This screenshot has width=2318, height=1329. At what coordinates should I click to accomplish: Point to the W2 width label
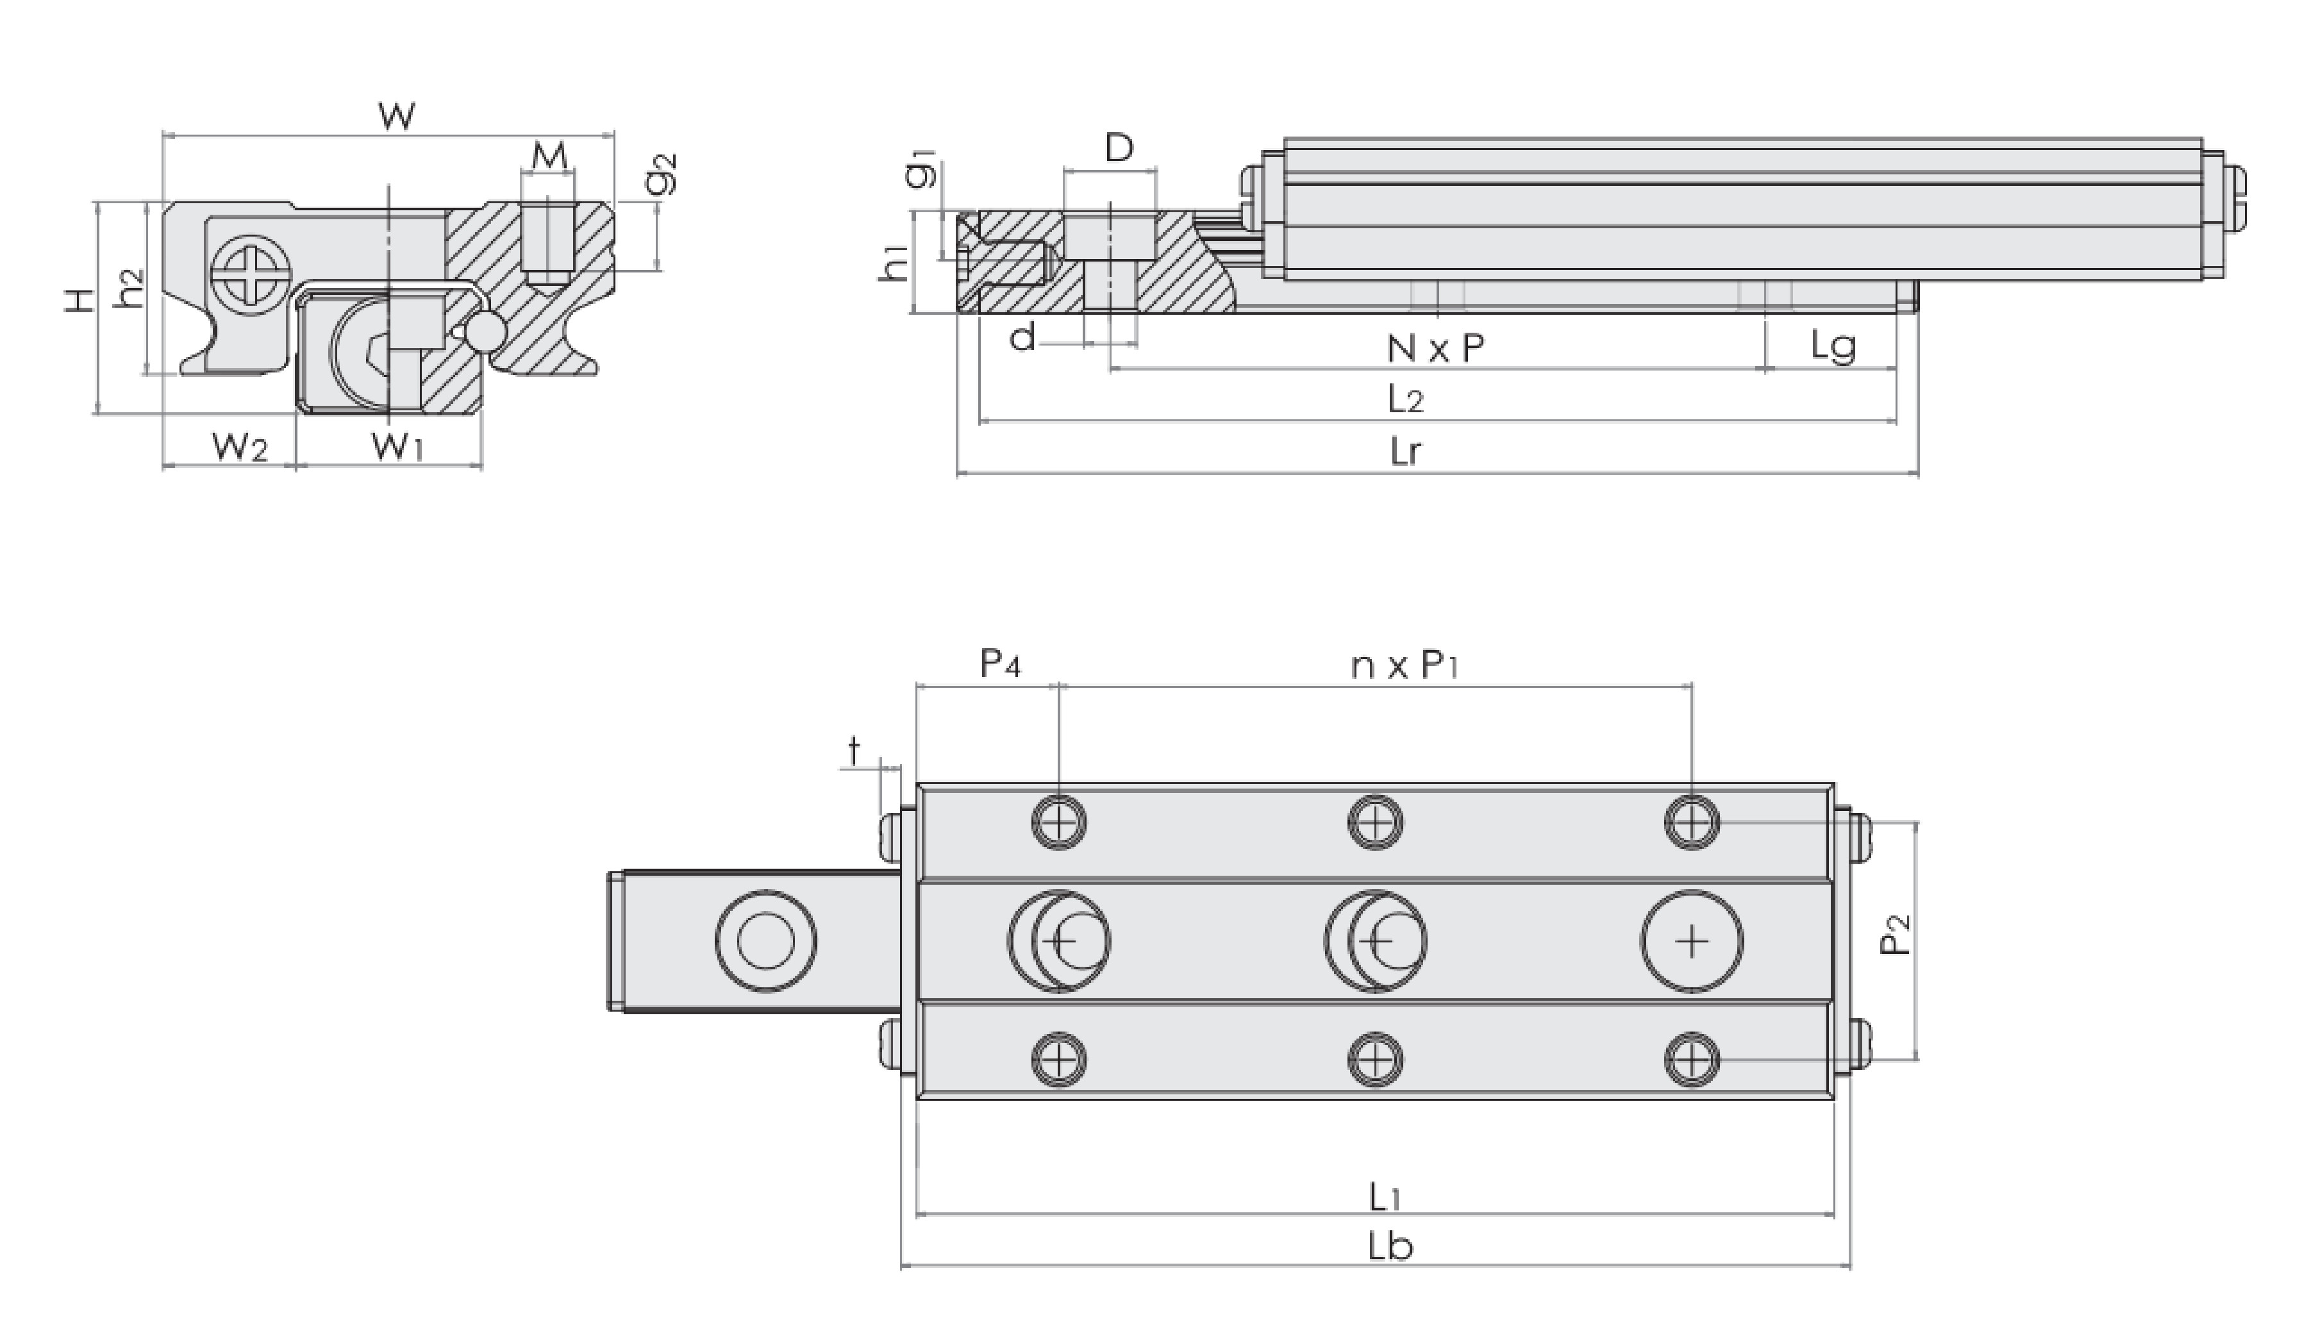pos(239,447)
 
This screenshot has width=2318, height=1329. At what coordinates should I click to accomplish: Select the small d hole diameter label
pos(1023,339)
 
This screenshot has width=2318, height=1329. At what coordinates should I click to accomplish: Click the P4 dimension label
pos(999,664)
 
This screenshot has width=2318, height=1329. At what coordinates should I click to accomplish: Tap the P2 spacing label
pos(1896,935)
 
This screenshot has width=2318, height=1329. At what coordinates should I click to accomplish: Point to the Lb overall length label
pos(1390,1246)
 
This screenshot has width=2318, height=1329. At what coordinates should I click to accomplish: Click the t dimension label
pos(855,751)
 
